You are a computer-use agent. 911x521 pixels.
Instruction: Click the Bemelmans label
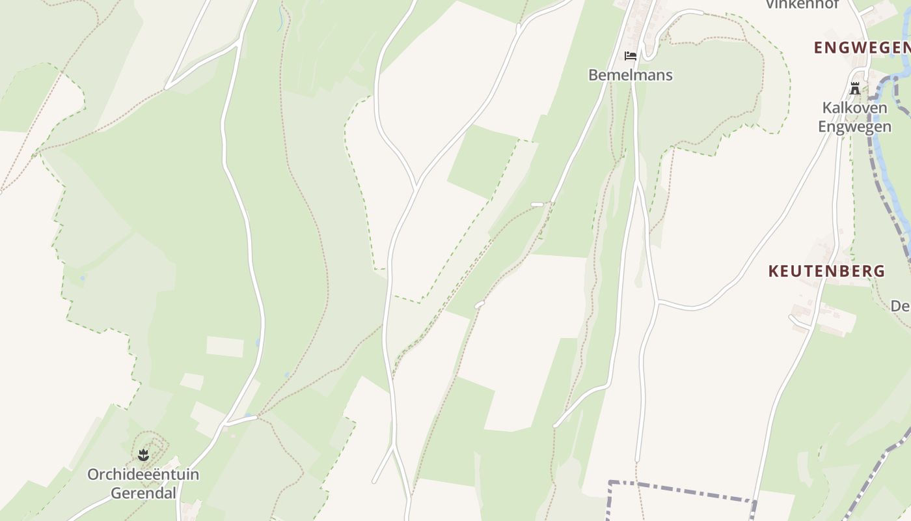[x=630, y=75]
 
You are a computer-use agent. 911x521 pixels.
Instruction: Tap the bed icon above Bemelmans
[x=630, y=56]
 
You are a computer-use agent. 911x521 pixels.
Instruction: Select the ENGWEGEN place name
[x=862, y=48]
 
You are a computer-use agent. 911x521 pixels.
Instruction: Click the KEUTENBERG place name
[x=826, y=271]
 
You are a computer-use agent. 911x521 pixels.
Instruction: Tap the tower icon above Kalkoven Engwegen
[x=855, y=89]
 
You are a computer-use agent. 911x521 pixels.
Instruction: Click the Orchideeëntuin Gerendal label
[x=143, y=483]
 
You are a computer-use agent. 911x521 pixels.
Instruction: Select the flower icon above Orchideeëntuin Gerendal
[x=144, y=455]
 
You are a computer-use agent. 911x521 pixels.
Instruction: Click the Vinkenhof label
[x=802, y=4]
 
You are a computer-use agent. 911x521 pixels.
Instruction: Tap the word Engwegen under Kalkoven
[x=854, y=126]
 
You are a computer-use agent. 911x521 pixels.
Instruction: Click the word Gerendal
[x=143, y=493]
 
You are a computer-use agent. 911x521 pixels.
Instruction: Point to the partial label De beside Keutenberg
[x=900, y=305]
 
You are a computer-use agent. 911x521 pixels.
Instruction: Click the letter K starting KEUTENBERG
[x=773, y=271]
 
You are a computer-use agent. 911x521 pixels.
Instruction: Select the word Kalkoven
[x=854, y=107]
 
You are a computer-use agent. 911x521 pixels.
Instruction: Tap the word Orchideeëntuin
[x=143, y=474]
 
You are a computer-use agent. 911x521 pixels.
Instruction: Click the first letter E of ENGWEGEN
[x=819, y=48]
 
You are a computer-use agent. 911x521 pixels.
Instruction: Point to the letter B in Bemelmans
[x=593, y=75]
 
